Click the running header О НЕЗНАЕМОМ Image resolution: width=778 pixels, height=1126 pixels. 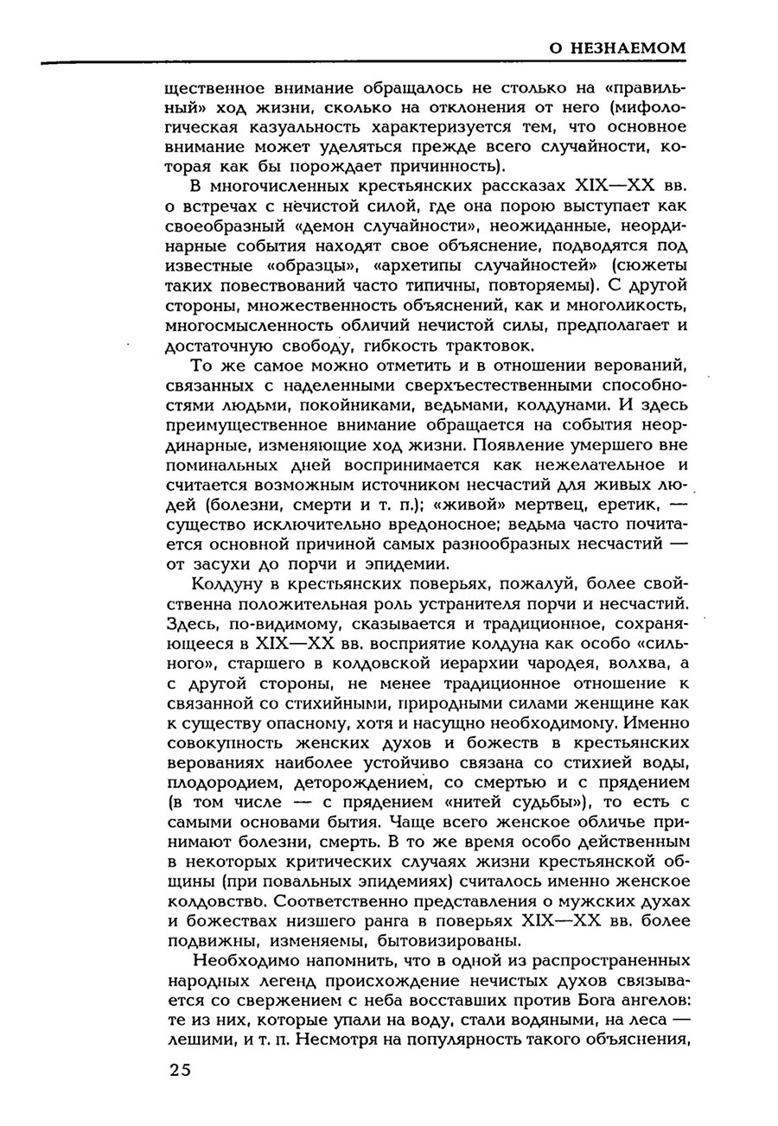(x=618, y=48)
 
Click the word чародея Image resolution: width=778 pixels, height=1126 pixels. (x=566, y=662)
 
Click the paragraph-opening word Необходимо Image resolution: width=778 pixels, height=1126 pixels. (x=252, y=959)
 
